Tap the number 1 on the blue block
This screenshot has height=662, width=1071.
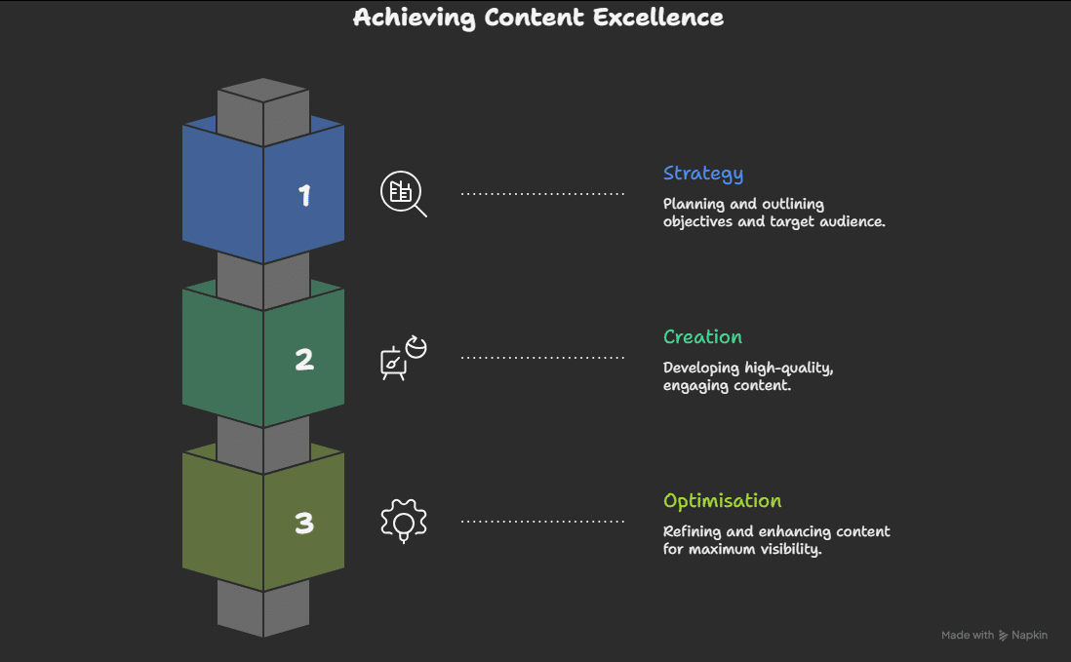point(304,196)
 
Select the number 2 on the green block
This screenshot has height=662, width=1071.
point(304,360)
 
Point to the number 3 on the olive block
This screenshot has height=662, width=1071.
point(304,524)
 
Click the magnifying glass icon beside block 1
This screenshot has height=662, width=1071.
point(402,193)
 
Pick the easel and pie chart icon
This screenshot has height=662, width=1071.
point(402,357)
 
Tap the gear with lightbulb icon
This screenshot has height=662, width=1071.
point(403,521)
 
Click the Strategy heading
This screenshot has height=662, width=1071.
point(702,174)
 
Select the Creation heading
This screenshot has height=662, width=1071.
point(702,337)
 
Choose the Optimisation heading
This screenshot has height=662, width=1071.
point(722,501)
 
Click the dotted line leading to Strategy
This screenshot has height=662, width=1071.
point(542,194)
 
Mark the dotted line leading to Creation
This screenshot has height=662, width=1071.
point(542,358)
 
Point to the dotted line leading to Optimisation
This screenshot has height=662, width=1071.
point(542,522)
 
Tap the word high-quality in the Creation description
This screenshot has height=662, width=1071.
point(788,368)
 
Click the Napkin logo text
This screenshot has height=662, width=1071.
point(1029,635)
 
